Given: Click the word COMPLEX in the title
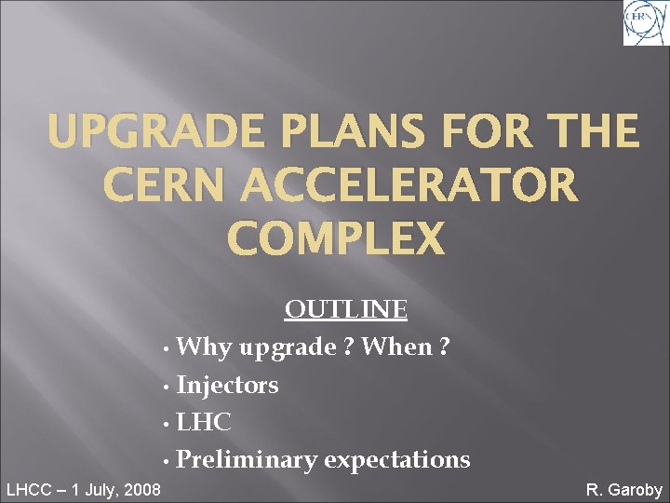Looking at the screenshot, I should point(336,238).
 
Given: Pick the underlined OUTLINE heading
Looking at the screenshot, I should point(345,309).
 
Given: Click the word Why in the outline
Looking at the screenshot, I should point(206,347).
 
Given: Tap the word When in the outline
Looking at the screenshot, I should point(396,347).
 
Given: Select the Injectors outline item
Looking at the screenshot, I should point(227,385).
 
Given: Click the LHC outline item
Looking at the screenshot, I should point(204,422).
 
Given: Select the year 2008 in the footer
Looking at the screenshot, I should point(140,489).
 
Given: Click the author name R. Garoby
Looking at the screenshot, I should point(623,489).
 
